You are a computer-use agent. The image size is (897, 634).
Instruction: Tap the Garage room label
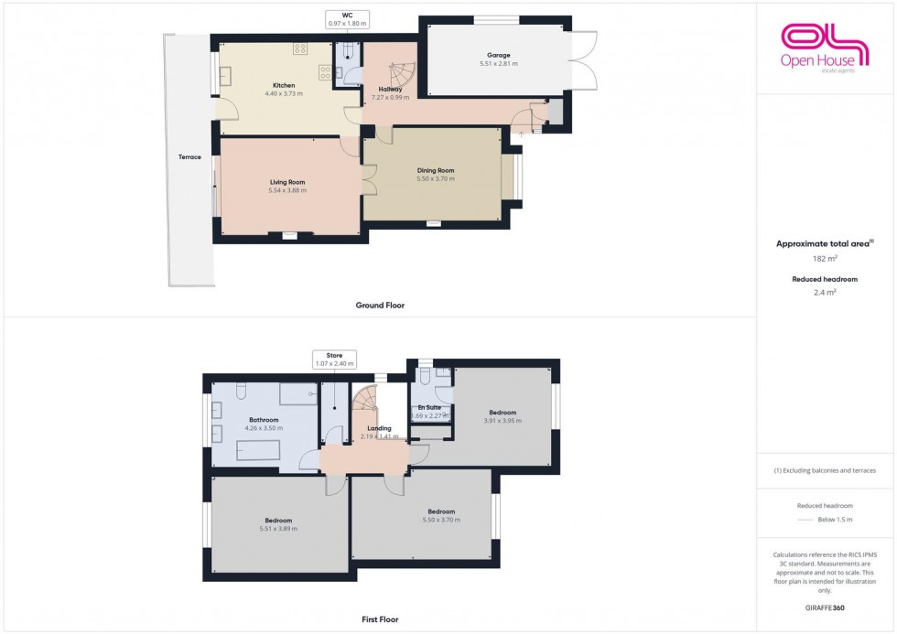(499, 55)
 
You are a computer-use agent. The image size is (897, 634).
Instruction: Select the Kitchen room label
(283, 85)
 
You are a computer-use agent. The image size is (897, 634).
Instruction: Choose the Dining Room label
(436, 170)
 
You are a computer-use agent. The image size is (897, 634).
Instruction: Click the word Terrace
(189, 156)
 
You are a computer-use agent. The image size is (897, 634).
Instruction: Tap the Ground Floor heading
(380, 305)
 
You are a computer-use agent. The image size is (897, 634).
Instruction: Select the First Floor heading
(380, 619)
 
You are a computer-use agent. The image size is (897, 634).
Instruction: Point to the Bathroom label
(264, 420)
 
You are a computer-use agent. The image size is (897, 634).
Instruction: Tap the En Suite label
(429, 407)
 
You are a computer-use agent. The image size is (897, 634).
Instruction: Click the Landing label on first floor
(379, 428)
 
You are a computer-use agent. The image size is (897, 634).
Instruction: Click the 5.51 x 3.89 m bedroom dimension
(278, 529)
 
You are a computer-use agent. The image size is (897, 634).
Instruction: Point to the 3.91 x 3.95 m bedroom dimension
(503, 421)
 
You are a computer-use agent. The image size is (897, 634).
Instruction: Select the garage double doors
(582, 60)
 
